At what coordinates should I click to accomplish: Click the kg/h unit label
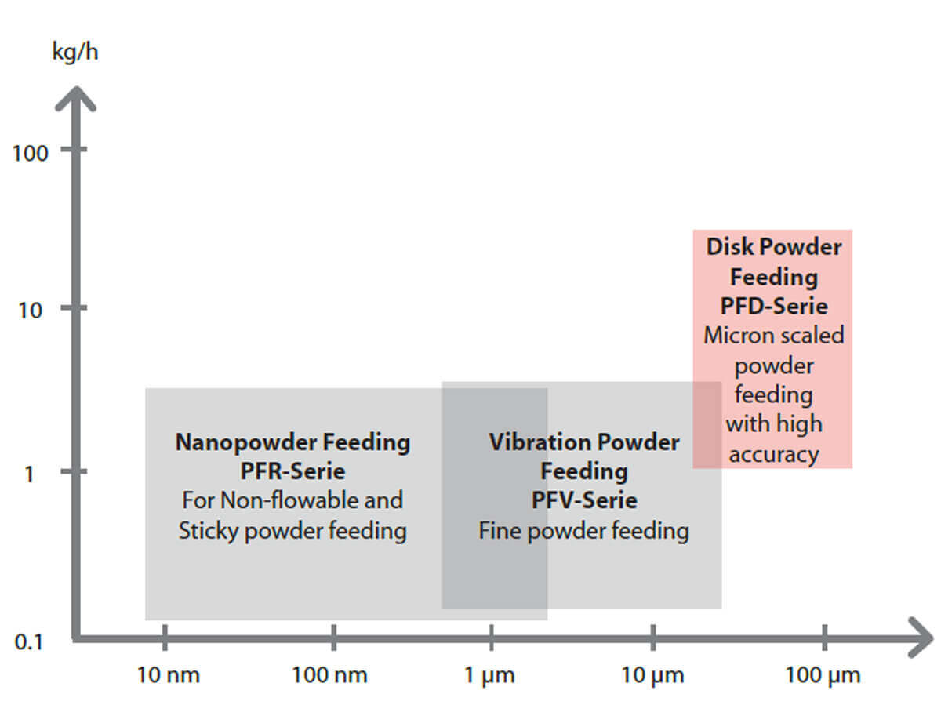pyautogui.click(x=75, y=53)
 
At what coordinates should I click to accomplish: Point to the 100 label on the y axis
pyautogui.click(x=31, y=152)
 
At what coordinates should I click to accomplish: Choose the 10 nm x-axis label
pyautogui.click(x=168, y=674)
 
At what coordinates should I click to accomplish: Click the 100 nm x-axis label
pyautogui.click(x=330, y=674)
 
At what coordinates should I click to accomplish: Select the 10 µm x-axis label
pyautogui.click(x=652, y=674)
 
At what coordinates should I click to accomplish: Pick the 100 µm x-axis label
pyautogui.click(x=823, y=674)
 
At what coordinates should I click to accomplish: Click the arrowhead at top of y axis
pyautogui.click(x=75, y=97)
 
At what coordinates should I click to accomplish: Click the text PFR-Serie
pyautogui.click(x=292, y=471)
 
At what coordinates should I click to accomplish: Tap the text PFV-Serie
pyautogui.click(x=584, y=500)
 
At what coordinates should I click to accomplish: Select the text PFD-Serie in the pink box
pyautogui.click(x=773, y=306)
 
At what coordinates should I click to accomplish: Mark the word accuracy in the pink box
pyautogui.click(x=774, y=454)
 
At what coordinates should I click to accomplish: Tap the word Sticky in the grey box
pyautogui.click(x=209, y=531)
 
